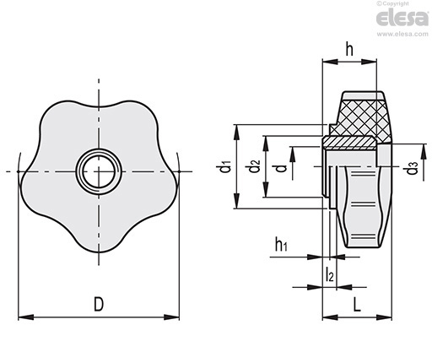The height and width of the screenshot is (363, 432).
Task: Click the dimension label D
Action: click(99, 304)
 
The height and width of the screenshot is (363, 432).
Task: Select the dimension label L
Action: click(357, 305)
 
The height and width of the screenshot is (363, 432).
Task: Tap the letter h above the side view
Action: click(349, 50)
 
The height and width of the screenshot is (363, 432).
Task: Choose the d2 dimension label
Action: click(254, 166)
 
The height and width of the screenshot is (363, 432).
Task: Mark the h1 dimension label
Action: click(281, 244)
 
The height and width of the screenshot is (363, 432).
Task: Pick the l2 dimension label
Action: click(329, 274)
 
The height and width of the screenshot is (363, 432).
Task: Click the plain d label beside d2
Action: click(281, 168)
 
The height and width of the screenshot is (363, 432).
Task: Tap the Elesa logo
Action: click(402, 18)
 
